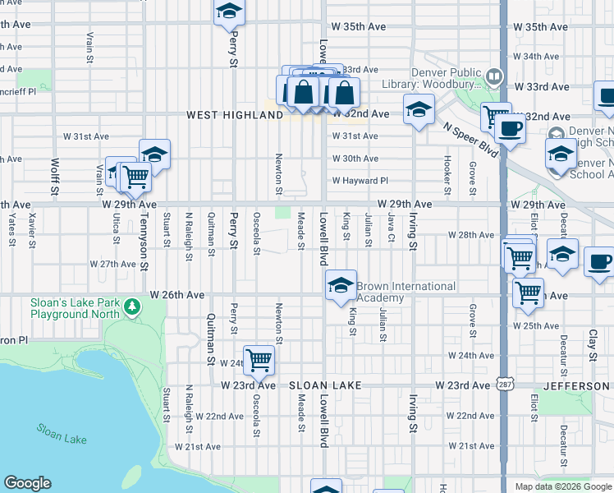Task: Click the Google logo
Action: click(28, 483)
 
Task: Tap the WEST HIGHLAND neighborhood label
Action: click(235, 116)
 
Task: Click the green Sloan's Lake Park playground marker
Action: click(132, 308)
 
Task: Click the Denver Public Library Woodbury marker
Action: click(494, 77)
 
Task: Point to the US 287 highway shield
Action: click(503, 385)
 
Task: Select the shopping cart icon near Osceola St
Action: click(259, 358)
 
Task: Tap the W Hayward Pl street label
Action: click(360, 181)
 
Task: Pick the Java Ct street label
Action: click(392, 230)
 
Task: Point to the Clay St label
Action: click(592, 346)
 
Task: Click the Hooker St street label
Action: click(447, 174)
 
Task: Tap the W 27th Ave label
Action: click(112, 265)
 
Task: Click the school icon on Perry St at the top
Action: click(230, 12)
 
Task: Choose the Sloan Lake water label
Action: click(62, 434)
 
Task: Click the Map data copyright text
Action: click(562, 486)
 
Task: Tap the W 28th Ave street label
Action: click(471, 235)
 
